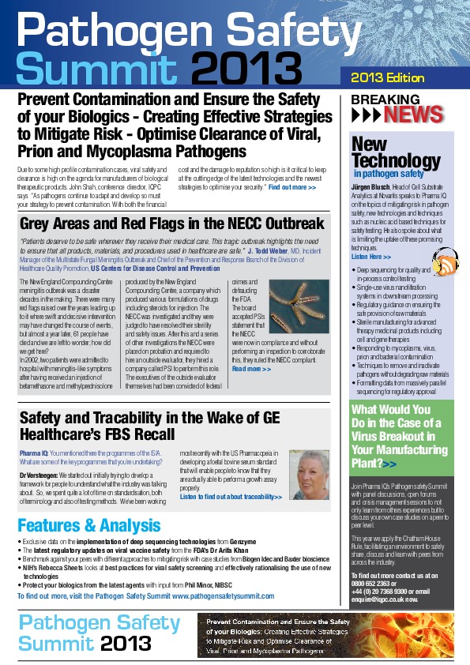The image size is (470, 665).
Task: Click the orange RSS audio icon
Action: tap(446, 265)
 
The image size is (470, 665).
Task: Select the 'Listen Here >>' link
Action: tap(370, 257)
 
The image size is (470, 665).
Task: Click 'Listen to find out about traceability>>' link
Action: tap(231, 497)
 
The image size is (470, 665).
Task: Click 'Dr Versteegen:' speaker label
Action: tap(39, 475)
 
